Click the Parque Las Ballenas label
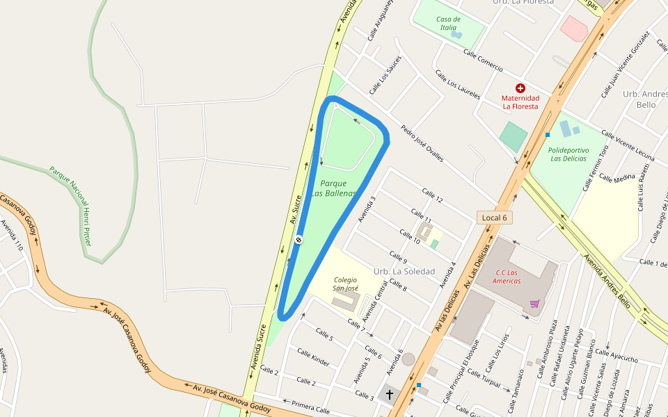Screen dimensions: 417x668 tap(334, 188)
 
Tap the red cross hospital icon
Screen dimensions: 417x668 tap(520, 88)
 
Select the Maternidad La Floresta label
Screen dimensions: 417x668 tap(520, 102)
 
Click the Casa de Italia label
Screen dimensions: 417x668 tap(448, 23)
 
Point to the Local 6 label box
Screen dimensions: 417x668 tap(495, 218)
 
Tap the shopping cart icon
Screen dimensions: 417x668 tap(534, 304)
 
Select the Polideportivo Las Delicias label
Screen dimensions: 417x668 tap(568, 154)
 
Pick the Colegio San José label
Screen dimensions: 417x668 tap(345, 284)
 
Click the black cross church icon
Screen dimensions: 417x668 tap(390, 395)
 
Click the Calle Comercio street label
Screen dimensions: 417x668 tap(483, 62)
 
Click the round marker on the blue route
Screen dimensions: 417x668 tap(299, 240)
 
